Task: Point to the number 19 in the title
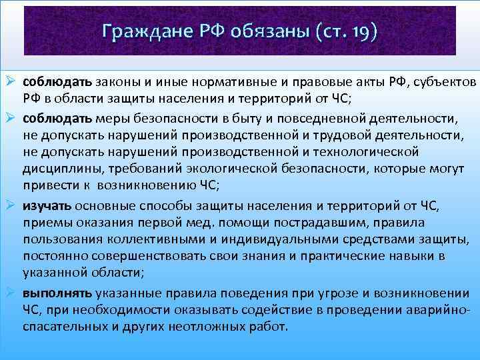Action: click(x=357, y=31)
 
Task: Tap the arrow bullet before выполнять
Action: click(x=11, y=293)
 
